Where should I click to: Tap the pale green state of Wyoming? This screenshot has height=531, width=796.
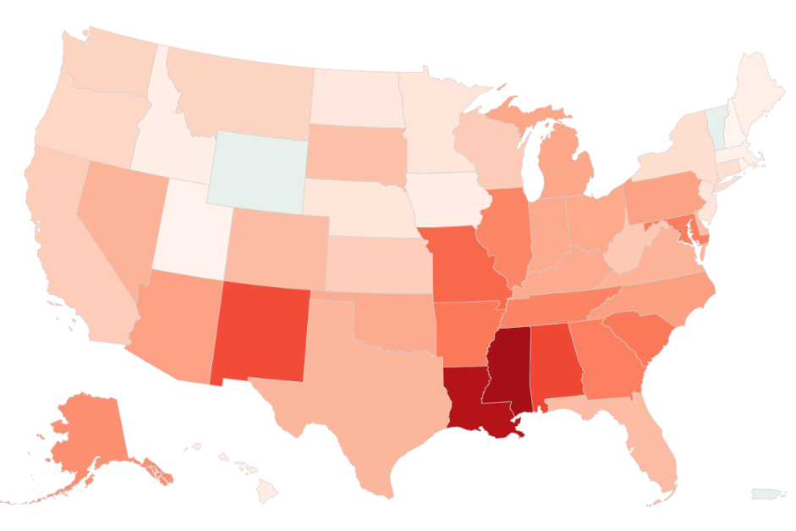[x=255, y=169]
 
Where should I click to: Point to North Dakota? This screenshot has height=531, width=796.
[x=355, y=97]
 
